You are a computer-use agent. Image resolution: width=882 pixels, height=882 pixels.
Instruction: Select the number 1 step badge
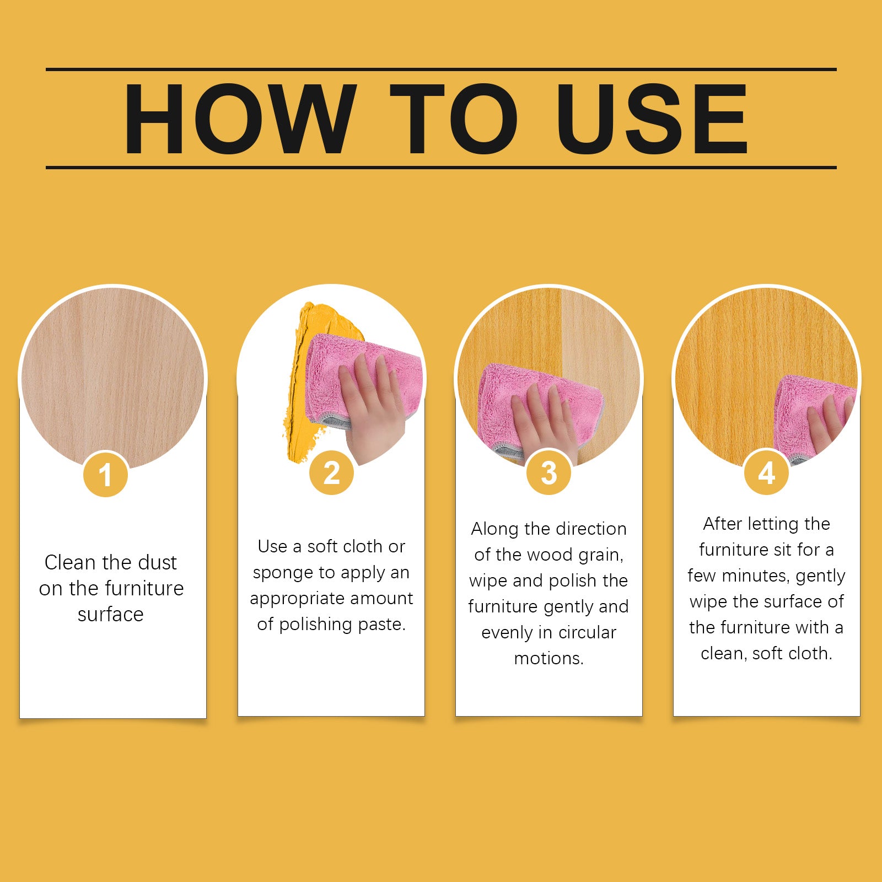click(105, 474)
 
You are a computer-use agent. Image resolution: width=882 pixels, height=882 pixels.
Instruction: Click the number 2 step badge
click(331, 473)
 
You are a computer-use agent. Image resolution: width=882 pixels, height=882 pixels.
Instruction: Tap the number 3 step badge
click(548, 473)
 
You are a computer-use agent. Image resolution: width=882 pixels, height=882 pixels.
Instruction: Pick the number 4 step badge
click(766, 473)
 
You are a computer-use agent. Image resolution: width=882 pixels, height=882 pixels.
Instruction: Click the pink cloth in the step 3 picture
click(529, 397)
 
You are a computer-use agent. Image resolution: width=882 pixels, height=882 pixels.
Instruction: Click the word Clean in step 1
click(70, 562)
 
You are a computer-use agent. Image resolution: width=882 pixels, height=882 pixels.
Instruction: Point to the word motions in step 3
click(548, 658)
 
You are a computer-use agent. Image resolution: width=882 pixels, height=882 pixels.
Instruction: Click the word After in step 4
click(722, 524)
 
